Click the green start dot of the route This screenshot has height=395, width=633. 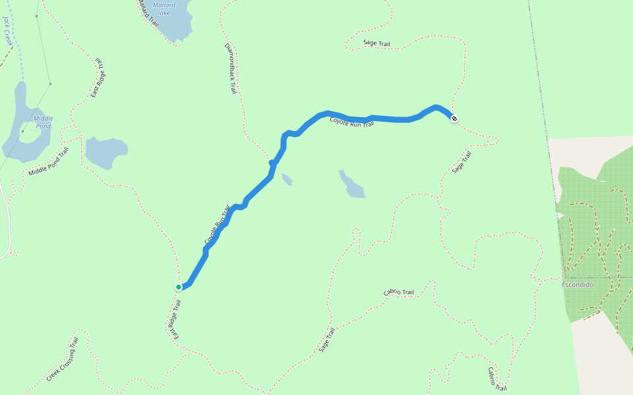179,287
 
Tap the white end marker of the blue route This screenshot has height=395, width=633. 454,118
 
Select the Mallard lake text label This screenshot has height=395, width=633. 164,9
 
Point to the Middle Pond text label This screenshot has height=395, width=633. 44,122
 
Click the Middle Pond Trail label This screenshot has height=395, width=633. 48,162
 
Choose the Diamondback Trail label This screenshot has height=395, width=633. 229,68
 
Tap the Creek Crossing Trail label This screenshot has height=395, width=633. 63,359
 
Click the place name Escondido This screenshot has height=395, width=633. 578,284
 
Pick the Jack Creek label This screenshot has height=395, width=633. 8,31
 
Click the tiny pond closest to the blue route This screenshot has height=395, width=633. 287,179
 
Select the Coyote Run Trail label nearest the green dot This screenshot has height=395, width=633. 218,225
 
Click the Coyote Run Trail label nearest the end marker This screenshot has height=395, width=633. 351,122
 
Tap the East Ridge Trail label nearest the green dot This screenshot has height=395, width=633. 175,320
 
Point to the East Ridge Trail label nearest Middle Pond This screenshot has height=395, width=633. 98,78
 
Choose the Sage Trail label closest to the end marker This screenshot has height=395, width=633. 462,163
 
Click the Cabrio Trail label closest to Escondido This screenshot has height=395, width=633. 398,292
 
